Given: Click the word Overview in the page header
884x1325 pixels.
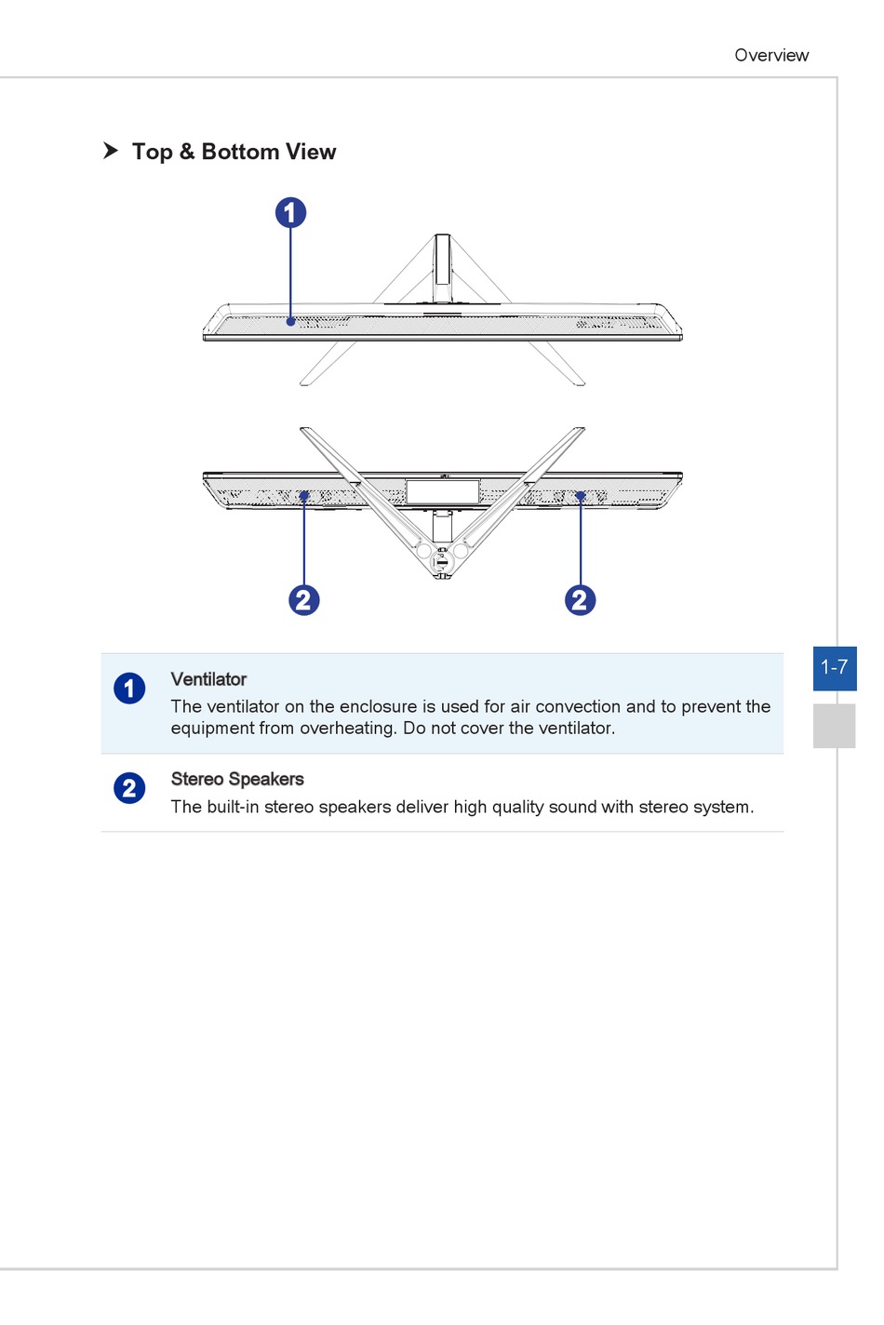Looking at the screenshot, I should point(771,55).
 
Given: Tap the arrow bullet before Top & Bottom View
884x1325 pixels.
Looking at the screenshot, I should point(111,151).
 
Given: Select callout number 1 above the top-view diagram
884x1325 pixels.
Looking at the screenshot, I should point(290,213).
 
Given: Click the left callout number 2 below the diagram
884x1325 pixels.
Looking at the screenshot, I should point(304,600).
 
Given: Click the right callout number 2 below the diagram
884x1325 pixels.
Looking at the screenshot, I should point(580,600).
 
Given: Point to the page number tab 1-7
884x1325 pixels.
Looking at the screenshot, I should point(834,668).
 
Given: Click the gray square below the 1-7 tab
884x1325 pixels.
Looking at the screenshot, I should point(834,726).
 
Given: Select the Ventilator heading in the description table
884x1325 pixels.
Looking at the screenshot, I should point(208,679).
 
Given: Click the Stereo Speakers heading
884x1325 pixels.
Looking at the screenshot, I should point(237,779).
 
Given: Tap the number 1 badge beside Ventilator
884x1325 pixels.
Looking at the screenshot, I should point(129,689).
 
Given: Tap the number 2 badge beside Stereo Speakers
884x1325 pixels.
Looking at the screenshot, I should point(129,788).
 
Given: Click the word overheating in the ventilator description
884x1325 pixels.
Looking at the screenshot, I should point(346,728).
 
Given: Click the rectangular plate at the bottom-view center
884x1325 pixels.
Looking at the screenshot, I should point(443,491).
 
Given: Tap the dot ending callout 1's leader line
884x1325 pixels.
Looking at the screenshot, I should point(290,322).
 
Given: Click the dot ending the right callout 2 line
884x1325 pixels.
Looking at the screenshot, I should point(580,497).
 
